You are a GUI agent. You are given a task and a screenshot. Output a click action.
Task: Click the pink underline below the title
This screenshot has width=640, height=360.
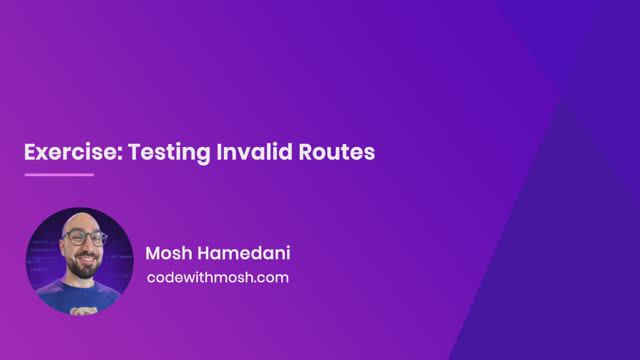tap(58, 175)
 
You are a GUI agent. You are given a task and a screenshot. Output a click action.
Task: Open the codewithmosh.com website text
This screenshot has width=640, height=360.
tap(217, 277)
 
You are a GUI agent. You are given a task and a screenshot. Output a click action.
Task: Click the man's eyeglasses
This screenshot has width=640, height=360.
tap(84, 240)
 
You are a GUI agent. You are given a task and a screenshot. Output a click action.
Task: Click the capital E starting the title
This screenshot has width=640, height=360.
tap(30, 152)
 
